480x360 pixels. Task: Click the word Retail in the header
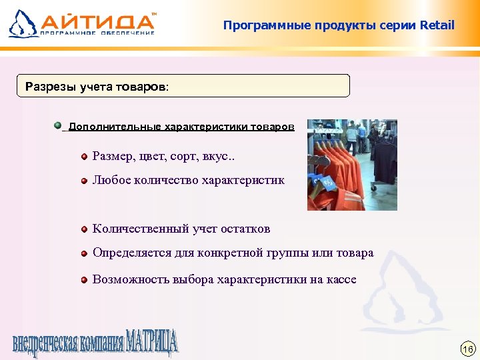[437, 25]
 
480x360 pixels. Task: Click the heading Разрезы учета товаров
[97, 86]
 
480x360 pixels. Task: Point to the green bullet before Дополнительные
[58, 125]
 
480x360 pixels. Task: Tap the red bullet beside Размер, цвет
[85, 157]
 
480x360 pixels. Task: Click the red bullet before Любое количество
[85, 181]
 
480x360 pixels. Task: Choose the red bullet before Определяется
[85, 254]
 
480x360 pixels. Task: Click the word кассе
[341, 279]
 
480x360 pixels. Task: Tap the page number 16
[467, 349]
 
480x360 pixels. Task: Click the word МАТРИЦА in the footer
[151, 343]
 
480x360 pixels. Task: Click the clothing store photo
[351, 165]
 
